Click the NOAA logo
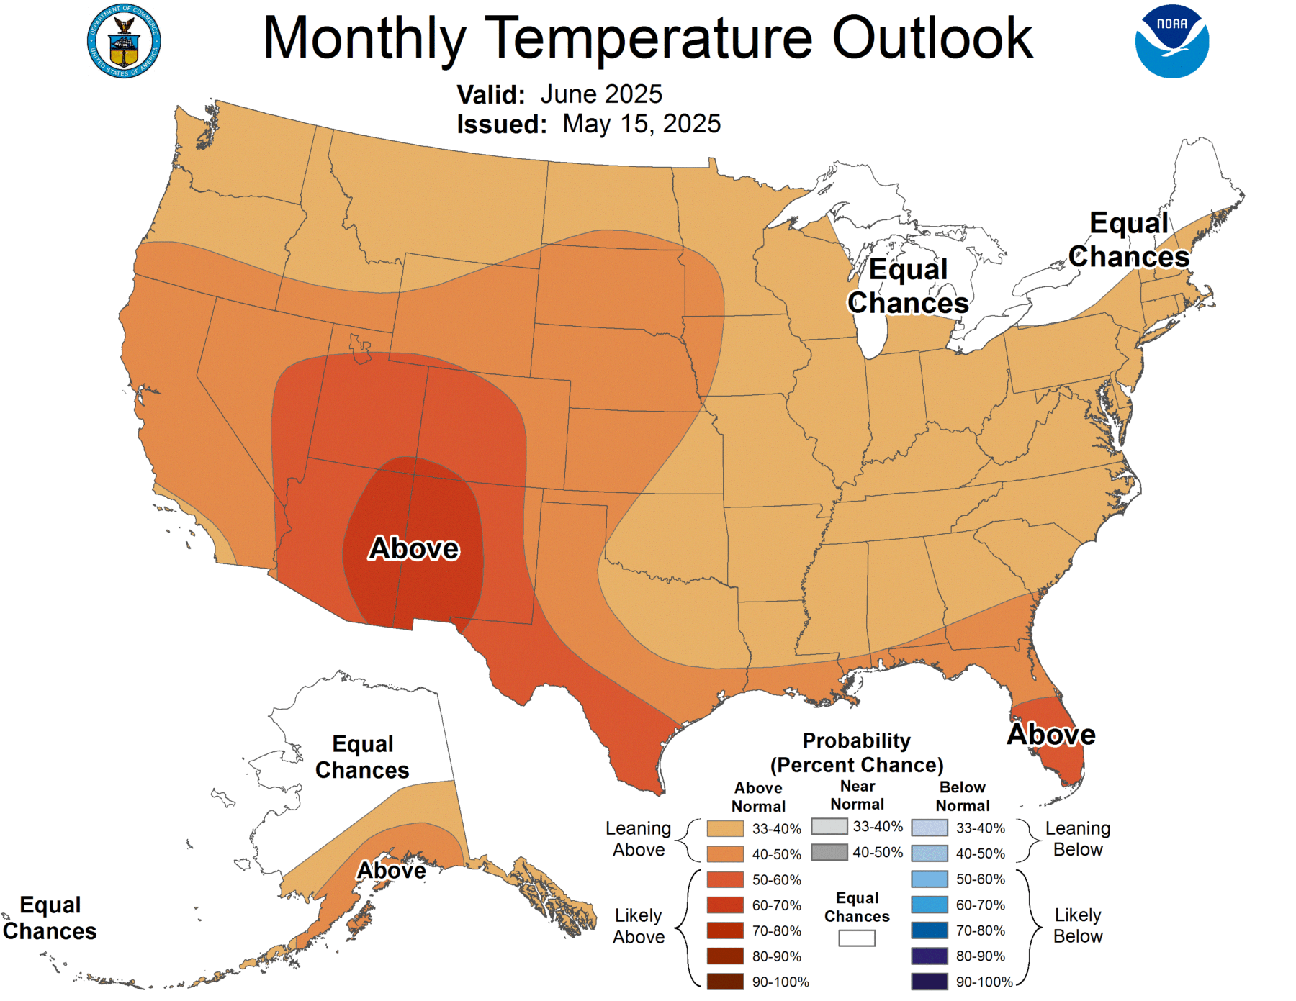[1171, 41]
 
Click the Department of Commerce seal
[124, 42]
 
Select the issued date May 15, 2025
[641, 124]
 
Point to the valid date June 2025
[600, 94]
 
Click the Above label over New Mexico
[414, 549]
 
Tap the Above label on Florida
[1051, 735]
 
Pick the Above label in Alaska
[392, 871]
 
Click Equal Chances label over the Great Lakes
[908, 286]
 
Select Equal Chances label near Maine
[1128, 240]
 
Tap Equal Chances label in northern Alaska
[362, 757]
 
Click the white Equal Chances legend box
[857, 938]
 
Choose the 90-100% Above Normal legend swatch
[725, 982]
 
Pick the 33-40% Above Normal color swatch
[725, 828]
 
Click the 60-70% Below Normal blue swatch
[930, 905]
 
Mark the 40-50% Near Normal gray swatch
[829, 852]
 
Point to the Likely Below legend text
[1078, 925]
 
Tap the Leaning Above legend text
[638, 839]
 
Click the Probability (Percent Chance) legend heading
[857, 753]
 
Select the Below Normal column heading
[963, 797]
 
